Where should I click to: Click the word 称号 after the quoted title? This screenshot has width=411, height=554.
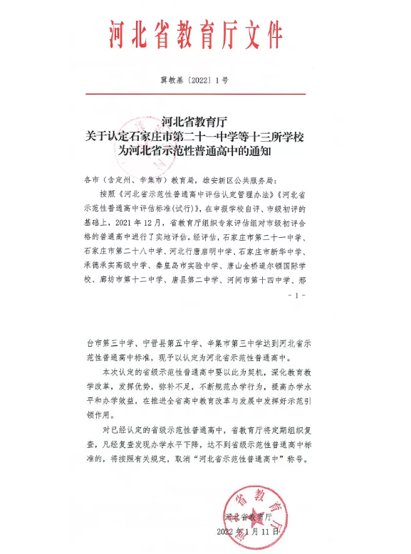[x=293, y=461]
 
